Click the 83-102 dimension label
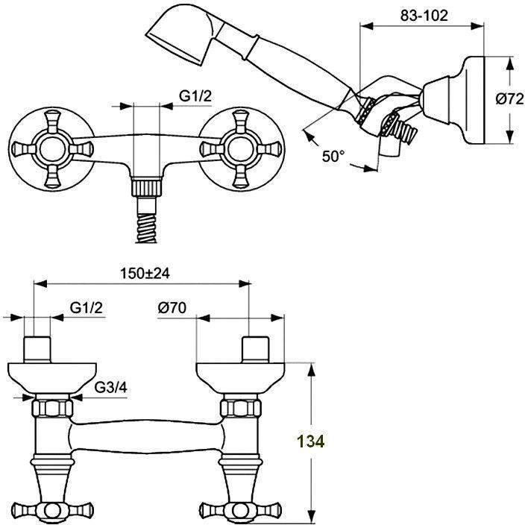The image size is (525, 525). (x=424, y=16)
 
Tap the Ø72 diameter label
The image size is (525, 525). (x=509, y=98)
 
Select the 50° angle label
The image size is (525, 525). (x=333, y=156)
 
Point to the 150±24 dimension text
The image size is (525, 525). (x=145, y=273)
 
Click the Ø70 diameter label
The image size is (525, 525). (x=172, y=307)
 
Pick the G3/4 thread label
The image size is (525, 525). (x=111, y=387)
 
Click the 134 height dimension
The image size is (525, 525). (x=311, y=441)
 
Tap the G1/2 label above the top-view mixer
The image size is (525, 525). (x=195, y=96)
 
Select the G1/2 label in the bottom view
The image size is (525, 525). (x=87, y=307)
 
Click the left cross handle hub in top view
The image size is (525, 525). (x=51, y=149)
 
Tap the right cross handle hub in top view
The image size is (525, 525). (x=239, y=149)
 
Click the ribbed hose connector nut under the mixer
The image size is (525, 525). (x=146, y=188)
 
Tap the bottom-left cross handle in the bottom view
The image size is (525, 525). (x=51, y=511)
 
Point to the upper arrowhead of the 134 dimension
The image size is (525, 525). (x=312, y=371)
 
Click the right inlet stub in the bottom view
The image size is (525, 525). (x=256, y=350)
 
